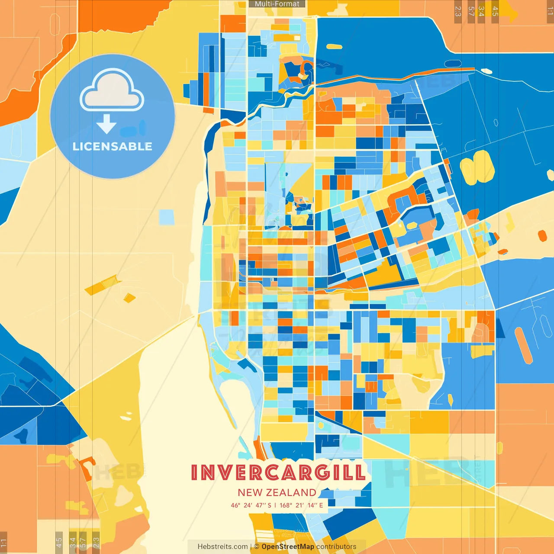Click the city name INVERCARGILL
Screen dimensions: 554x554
click(278, 472)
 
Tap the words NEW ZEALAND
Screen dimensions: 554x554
click(277, 493)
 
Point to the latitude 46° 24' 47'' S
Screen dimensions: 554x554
click(251, 505)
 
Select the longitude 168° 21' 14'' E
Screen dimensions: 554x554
click(301, 505)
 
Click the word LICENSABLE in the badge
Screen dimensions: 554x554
click(113, 146)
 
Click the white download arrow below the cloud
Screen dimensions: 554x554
click(106, 124)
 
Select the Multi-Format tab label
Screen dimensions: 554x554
click(277, 4)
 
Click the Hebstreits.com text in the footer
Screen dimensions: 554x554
click(222, 547)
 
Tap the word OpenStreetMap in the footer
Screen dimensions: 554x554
click(288, 547)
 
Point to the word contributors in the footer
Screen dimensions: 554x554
click(336, 547)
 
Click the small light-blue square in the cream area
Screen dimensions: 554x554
click(167, 217)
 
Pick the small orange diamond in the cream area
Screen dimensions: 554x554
click(129, 298)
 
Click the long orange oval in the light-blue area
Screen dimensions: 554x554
click(523, 345)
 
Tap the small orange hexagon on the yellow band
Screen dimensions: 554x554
click(542, 236)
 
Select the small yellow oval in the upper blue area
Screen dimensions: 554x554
click(334, 47)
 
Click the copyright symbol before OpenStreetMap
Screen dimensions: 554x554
click(257, 547)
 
